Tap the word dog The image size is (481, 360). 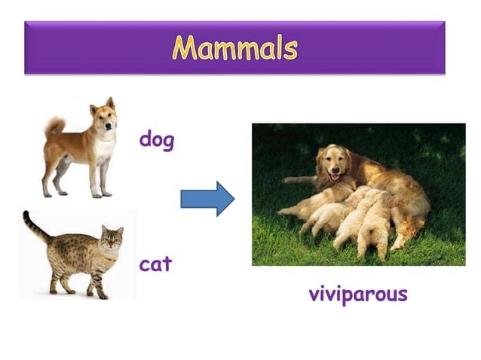pos(157,140)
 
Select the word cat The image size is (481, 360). pos(155,264)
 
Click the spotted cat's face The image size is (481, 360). pos(112,240)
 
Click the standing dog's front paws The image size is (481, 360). pos(102,194)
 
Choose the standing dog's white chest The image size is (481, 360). pos(104,151)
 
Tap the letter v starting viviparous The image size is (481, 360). pos(314,294)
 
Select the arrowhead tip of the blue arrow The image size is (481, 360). pos(233,199)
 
